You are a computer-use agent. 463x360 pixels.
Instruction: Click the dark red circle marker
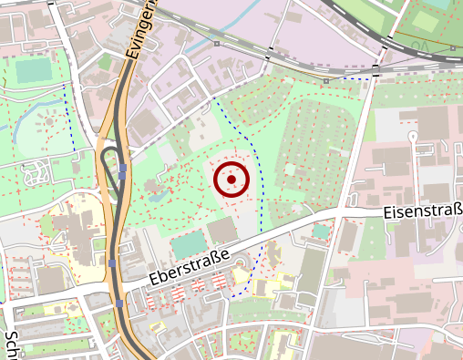231,179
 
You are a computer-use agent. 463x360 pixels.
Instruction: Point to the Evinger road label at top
141,29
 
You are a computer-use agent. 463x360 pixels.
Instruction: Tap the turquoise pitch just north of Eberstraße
188,244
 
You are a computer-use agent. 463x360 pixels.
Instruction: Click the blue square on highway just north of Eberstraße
112,263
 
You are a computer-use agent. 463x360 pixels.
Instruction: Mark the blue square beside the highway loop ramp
122,169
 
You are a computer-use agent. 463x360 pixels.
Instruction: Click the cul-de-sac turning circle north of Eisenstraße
412,136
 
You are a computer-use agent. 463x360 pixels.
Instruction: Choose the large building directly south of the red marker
222,230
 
